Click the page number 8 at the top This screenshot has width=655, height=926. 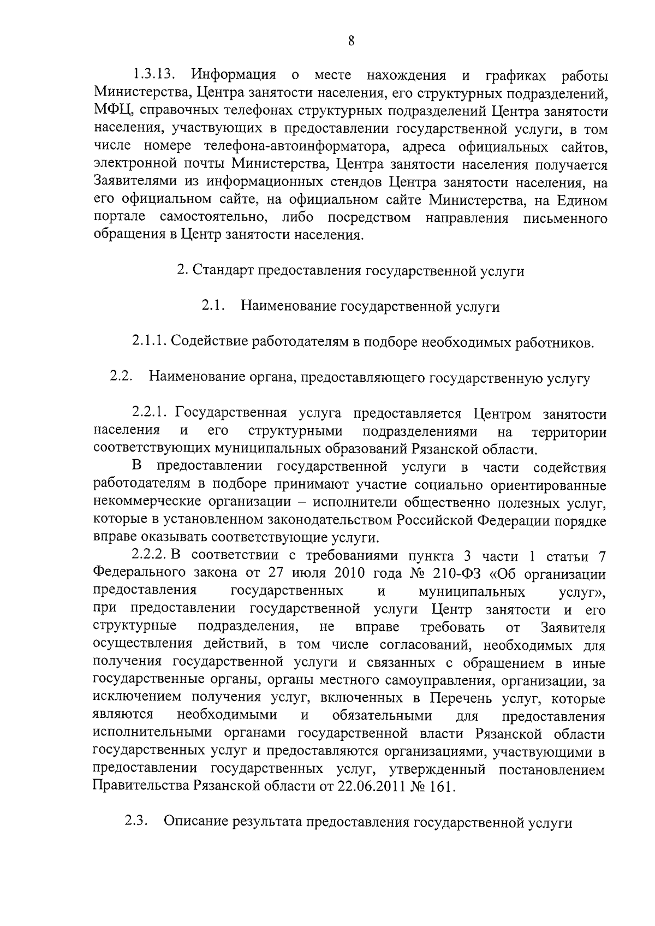click(351, 41)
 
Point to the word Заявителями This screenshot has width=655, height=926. click(137, 182)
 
